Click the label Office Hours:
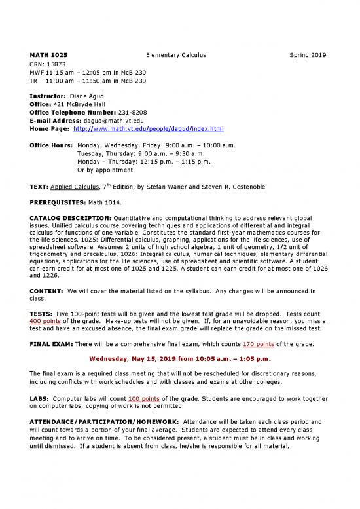(51, 144)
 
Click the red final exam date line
(179, 358)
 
